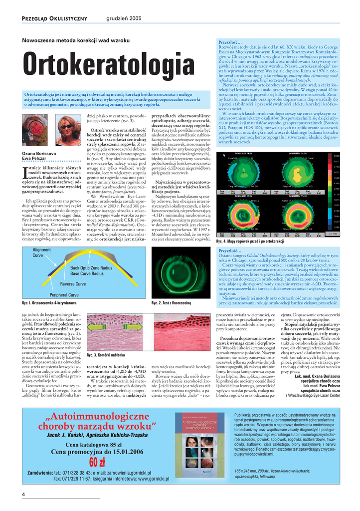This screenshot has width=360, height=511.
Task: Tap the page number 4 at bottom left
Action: pyautogui.click(x=23, y=494)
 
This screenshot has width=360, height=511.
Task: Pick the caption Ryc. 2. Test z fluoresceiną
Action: pyautogui.click(x=171, y=303)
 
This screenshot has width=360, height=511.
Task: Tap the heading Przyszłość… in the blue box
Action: pyautogui.click(x=230, y=251)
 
